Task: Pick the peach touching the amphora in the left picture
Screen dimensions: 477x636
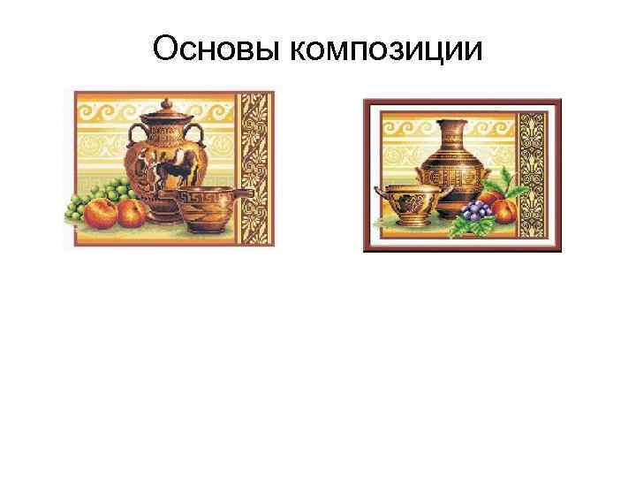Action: [132, 212]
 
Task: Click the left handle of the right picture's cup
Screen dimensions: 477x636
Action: [379, 192]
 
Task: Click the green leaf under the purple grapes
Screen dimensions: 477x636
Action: [464, 227]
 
